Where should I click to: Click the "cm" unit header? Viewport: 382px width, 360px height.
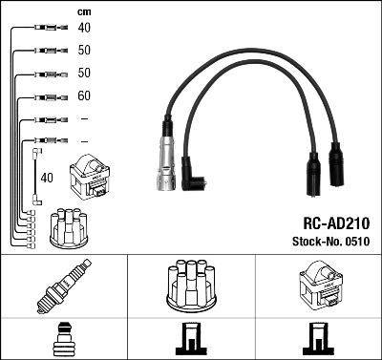[x=82, y=11]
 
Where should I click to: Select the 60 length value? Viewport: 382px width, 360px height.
[x=84, y=96]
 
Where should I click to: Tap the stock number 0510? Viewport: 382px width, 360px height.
[x=355, y=242]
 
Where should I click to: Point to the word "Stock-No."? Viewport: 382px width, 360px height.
[x=314, y=242]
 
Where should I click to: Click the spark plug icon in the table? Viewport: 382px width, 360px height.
[x=63, y=286]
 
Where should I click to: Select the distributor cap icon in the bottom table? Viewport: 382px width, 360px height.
[x=191, y=286]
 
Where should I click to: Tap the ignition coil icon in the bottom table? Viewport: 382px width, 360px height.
[x=318, y=286]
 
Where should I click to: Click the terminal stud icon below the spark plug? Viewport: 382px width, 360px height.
[x=63, y=340]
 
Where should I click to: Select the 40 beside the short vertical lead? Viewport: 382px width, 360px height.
[x=48, y=178]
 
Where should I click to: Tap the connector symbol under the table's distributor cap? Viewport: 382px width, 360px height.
[x=191, y=340]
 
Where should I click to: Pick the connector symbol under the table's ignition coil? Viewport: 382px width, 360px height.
[x=318, y=340]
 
